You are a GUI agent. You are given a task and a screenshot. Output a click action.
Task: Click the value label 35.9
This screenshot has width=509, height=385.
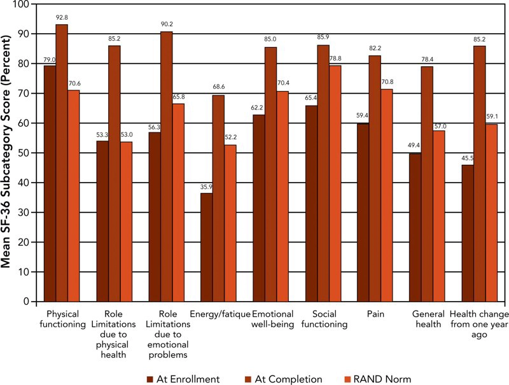tap(206, 188)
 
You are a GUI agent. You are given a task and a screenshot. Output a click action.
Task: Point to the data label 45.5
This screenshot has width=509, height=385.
tap(467, 159)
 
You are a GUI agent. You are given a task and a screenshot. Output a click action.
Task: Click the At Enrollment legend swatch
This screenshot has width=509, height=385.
tap(151, 361)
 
